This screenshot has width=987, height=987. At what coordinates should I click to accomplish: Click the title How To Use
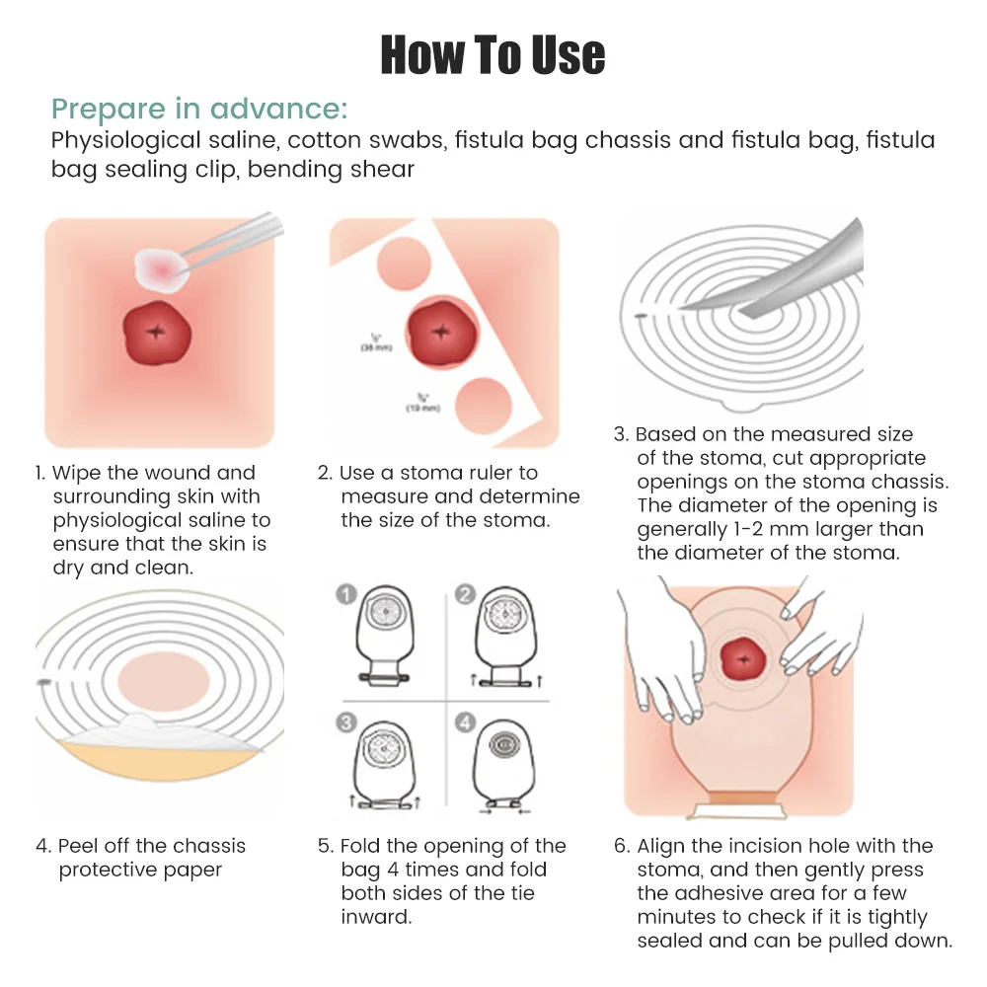(493, 54)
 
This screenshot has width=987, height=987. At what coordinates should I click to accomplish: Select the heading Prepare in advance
(199, 108)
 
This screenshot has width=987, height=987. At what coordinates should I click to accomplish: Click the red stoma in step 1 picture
(154, 332)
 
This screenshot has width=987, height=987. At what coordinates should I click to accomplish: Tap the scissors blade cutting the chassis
(780, 276)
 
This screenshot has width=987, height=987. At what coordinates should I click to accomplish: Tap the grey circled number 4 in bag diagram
(466, 722)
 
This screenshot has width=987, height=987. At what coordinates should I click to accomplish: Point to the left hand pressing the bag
(666, 671)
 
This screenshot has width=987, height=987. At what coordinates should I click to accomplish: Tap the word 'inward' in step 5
(375, 917)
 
